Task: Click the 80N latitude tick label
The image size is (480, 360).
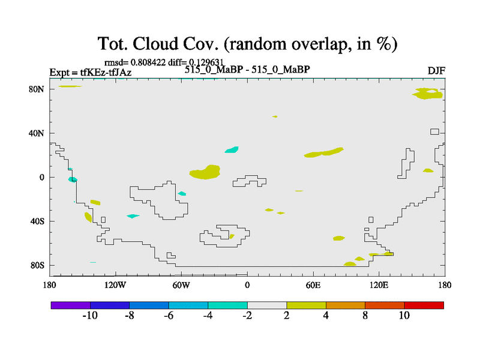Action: [37, 89]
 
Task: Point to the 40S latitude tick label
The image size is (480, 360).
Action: [37, 221]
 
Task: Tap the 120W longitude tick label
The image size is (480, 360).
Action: [115, 286]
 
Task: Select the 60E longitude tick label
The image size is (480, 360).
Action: [313, 286]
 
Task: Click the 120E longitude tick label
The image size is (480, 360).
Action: [379, 286]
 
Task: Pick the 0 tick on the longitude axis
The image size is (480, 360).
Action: [247, 286]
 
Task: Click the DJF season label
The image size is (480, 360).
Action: [436, 71]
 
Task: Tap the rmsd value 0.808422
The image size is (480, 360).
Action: [148, 62]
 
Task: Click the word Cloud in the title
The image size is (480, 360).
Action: [155, 44]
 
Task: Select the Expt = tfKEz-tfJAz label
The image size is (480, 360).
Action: [91, 72]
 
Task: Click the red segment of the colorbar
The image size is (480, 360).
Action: [424, 305]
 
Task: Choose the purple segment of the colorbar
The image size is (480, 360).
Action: [71, 305]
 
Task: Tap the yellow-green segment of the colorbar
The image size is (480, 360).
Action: [307, 305]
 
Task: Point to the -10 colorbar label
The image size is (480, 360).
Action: [90, 316]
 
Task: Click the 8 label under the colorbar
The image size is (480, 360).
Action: [365, 316]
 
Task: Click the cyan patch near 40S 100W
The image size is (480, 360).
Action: [133, 216]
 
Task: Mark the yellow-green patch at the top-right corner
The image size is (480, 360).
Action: [428, 94]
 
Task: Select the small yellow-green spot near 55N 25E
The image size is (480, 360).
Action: [275, 116]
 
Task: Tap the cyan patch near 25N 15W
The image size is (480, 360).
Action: [232, 149]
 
